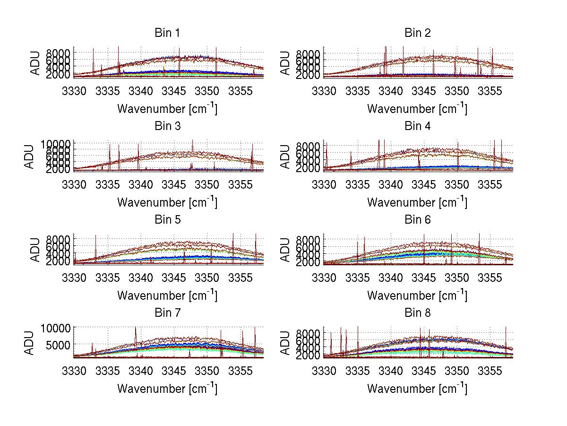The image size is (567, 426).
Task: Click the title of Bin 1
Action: [x=167, y=33]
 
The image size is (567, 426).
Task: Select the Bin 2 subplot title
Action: [x=418, y=33]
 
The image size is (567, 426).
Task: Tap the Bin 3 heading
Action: [x=167, y=126]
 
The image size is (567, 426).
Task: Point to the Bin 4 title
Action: [x=418, y=126]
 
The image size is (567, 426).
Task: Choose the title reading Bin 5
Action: [x=167, y=220]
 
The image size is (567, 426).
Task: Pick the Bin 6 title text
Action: [x=418, y=220]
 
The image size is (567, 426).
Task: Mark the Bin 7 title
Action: [x=167, y=313]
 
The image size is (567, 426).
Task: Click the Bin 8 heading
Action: [x=418, y=313]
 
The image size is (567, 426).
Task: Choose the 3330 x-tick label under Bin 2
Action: [x=324, y=91]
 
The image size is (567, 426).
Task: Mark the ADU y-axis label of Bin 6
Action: [x=286, y=250]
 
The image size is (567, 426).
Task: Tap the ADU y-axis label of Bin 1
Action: [x=36, y=63]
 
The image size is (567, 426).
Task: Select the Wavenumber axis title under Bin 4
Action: [x=417, y=202]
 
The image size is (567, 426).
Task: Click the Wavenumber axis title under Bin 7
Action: [x=167, y=389]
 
